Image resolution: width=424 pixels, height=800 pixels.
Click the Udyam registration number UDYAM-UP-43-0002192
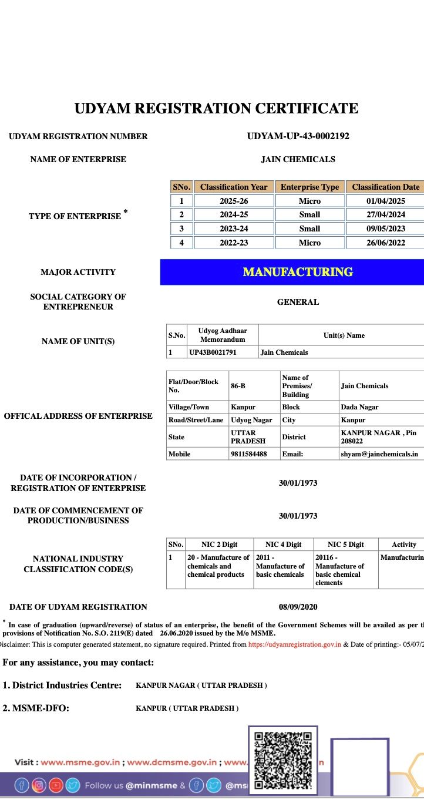298,136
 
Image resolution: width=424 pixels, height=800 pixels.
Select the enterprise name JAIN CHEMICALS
298,159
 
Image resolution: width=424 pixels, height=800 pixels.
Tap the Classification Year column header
234,187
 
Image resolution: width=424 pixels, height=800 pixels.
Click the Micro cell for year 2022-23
309,243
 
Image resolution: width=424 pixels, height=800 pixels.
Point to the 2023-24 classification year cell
234,228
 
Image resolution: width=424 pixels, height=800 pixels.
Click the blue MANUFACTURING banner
298,272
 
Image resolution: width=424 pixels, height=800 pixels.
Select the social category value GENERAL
298,302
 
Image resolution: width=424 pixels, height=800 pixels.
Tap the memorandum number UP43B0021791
213,352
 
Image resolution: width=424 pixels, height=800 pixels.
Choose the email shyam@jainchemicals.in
379,454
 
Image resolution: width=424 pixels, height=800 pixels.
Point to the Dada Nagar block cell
359,407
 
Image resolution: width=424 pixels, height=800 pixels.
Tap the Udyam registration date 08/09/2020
298,607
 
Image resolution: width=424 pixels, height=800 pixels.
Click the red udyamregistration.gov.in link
294,644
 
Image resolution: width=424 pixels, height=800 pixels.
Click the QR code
282,760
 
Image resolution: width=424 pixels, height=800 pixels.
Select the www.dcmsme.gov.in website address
172,762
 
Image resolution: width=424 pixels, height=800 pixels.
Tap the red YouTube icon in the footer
56,785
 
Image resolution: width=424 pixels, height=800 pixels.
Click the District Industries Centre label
62,685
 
